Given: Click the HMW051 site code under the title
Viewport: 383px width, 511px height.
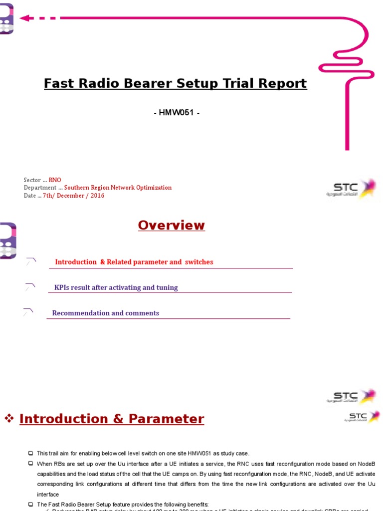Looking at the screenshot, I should (x=177, y=113).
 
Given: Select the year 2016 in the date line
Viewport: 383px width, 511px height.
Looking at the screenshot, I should (x=97, y=196).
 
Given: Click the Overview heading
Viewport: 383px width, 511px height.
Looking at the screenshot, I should (x=171, y=225).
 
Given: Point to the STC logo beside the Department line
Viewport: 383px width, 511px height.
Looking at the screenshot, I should (x=352, y=188).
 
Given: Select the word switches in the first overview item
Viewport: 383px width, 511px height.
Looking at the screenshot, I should (x=199, y=262).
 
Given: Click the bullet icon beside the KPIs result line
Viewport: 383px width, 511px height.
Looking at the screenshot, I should (x=30, y=287).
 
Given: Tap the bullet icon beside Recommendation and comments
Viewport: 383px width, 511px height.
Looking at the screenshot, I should (x=28, y=312).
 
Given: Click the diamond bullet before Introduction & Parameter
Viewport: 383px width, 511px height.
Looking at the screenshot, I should (x=8, y=419).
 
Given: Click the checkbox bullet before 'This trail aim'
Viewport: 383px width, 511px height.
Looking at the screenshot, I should (x=31, y=453).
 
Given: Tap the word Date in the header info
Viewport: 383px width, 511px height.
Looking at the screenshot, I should (x=29, y=196).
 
